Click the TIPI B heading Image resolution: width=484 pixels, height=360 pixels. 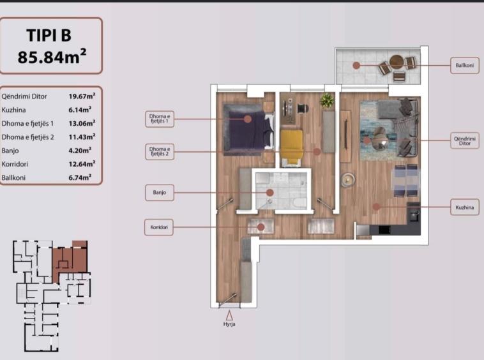pyautogui.click(x=49, y=35)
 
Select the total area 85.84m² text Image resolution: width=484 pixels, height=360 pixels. pyautogui.click(x=52, y=56)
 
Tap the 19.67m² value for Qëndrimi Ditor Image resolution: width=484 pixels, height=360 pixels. pyautogui.click(x=82, y=96)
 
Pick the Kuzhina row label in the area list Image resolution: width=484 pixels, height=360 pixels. pyautogui.click(x=13, y=110)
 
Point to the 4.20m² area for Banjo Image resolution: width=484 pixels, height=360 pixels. pyautogui.click(x=80, y=151)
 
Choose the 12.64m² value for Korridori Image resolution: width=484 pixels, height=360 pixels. pyautogui.click(x=82, y=164)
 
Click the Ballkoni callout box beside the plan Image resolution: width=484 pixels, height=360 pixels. pyautogui.click(x=465, y=65)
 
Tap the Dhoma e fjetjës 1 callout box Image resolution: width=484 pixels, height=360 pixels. pyautogui.click(x=160, y=119)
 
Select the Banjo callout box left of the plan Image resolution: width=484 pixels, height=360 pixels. pyautogui.click(x=160, y=193)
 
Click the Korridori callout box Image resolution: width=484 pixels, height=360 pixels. pyautogui.click(x=159, y=227)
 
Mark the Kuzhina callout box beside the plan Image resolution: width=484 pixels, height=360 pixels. pyautogui.click(x=465, y=207)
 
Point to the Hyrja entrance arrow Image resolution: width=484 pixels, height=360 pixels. pyautogui.click(x=229, y=315)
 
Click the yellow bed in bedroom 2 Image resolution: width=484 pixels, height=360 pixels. pyautogui.click(x=292, y=146)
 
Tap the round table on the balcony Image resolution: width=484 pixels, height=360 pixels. pyautogui.click(x=396, y=62)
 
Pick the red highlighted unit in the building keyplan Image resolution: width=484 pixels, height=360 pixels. pyautogui.click(x=70, y=260)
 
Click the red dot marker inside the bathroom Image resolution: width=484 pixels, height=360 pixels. pyautogui.click(x=270, y=193)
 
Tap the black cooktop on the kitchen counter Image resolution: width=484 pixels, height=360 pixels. pyautogui.click(x=384, y=230)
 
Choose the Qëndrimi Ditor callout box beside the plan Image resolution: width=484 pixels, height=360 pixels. pyautogui.click(x=465, y=140)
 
